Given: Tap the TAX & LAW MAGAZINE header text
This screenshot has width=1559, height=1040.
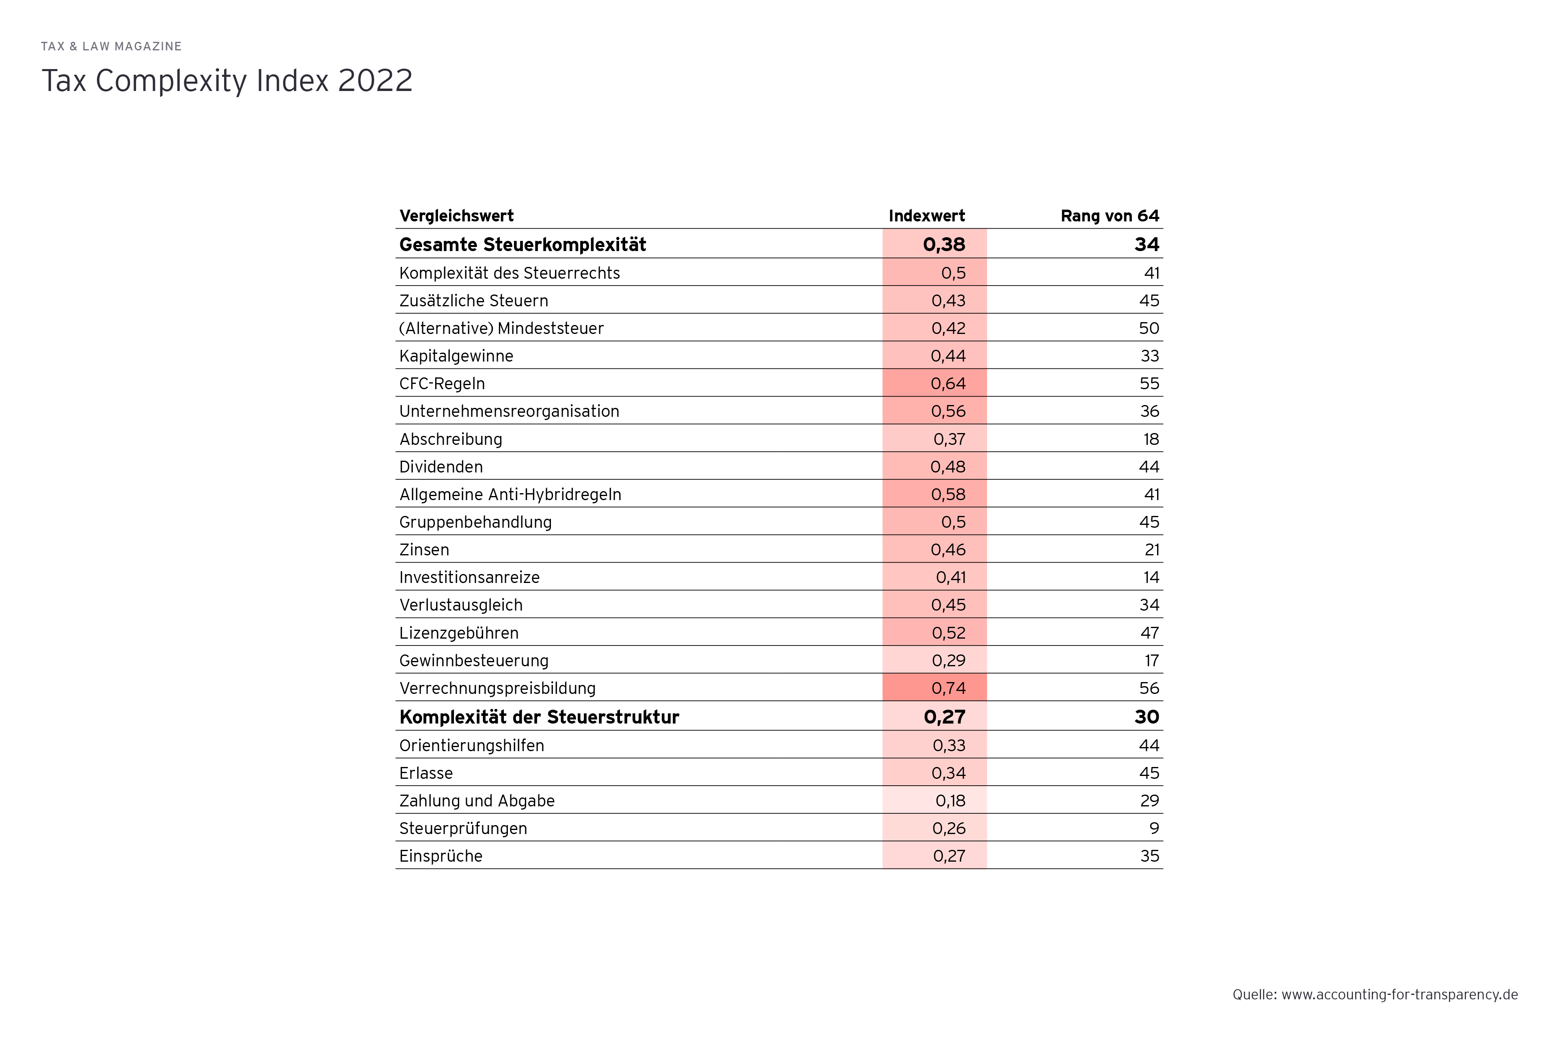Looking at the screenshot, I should (111, 46).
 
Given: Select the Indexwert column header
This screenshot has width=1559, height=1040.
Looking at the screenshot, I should (926, 216).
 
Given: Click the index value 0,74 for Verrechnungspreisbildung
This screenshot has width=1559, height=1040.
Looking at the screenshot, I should (948, 689).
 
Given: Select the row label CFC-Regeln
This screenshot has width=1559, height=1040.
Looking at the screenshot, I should (442, 384).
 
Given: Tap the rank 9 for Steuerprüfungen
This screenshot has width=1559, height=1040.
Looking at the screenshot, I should (1153, 828).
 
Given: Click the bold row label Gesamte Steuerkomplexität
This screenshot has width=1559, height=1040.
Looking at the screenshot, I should (523, 245).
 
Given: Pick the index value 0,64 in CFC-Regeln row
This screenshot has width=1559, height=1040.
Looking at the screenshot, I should (948, 384).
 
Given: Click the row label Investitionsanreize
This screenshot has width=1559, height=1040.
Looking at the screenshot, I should (469, 578).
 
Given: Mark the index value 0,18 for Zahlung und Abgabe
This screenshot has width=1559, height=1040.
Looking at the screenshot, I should (950, 801).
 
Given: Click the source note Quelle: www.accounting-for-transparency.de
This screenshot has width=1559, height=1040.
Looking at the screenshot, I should (1375, 994).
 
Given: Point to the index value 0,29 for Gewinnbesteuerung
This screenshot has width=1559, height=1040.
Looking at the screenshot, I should (948, 661).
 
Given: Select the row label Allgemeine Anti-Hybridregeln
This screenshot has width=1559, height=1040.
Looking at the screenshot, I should (510, 495).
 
